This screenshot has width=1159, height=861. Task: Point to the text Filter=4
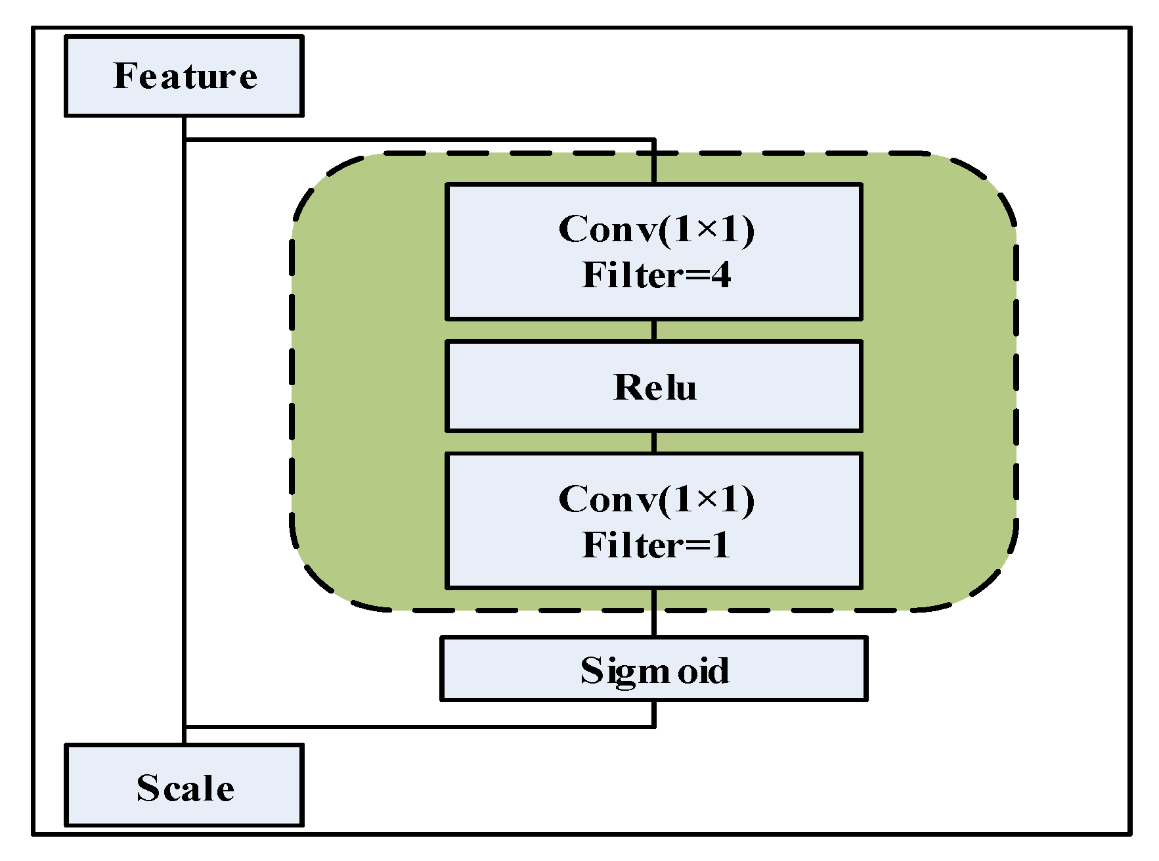click(x=655, y=275)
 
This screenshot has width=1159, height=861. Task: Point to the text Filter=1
click(x=655, y=545)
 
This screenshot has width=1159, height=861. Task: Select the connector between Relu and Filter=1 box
click(x=654, y=442)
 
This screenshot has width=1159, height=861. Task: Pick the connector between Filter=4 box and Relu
click(x=654, y=330)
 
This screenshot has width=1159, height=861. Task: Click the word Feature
click(x=185, y=76)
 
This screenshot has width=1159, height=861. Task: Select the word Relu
click(x=654, y=387)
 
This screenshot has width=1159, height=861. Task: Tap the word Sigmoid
click(x=654, y=670)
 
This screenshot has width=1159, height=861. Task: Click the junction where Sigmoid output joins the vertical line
click(x=185, y=726)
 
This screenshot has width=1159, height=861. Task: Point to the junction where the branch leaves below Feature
click(x=185, y=139)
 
